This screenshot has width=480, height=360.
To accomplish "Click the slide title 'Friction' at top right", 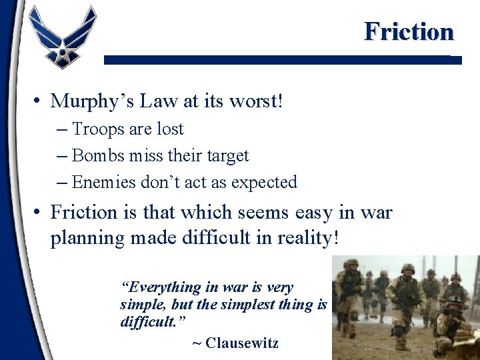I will tap(408, 31).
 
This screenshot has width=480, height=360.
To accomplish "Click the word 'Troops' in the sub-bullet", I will tap(94, 129).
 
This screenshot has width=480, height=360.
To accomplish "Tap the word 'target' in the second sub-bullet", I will tap(227, 156).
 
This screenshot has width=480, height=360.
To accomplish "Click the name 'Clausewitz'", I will tap(242, 343).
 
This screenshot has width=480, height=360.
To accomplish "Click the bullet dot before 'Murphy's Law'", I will tap(39, 102).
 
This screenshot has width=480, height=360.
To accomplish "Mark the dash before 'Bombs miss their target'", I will tap(62, 156).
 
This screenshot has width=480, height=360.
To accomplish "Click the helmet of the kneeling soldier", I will tap(454, 301).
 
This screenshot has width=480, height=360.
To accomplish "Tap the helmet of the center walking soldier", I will tap(408, 268).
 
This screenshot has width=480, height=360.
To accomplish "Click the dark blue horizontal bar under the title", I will tap(282, 59).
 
